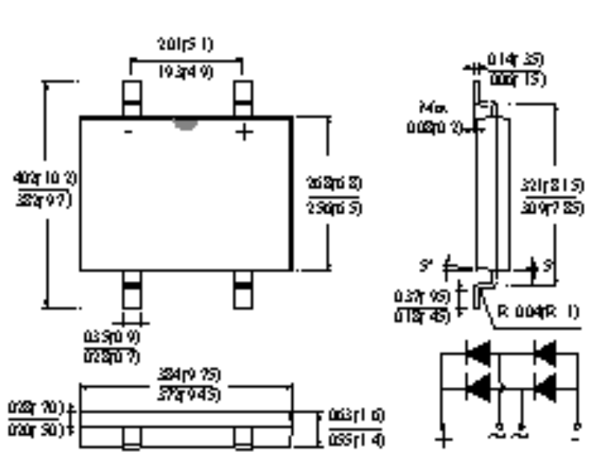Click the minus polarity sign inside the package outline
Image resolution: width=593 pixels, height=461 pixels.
click(x=129, y=132)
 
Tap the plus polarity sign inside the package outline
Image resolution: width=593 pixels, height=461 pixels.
click(x=244, y=132)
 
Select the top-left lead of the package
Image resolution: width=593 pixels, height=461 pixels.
click(x=131, y=98)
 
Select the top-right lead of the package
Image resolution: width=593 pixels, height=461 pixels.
click(x=243, y=98)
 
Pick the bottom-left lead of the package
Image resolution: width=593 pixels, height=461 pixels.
click(x=131, y=289)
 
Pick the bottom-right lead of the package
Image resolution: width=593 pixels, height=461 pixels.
click(x=243, y=289)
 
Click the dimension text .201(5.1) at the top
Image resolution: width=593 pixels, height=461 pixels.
click(x=186, y=45)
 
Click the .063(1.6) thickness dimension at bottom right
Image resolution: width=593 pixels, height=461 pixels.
click(x=356, y=416)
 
